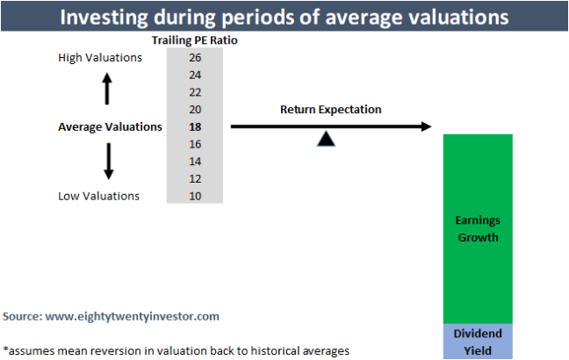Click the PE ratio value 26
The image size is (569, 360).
click(194, 58)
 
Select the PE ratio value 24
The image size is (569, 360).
click(194, 75)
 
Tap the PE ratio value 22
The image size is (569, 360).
click(194, 92)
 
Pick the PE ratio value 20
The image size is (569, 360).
click(194, 110)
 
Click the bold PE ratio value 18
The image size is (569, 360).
click(194, 126)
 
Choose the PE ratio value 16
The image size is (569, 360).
click(194, 144)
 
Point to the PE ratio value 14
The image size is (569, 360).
click(194, 162)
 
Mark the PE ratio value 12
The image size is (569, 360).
click(194, 178)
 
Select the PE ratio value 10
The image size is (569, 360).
click(194, 196)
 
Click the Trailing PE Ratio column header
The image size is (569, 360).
click(194, 41)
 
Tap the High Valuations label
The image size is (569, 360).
click(99, 58)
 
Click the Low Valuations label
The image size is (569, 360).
click(98, 196)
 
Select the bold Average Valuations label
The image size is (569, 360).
click(110, 126)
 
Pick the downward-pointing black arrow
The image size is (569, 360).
click(108, 162)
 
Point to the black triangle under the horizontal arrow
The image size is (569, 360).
click(326, 139)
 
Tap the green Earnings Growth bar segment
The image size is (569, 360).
click(478, 228)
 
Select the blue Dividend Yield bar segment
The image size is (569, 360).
click(478, 342)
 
